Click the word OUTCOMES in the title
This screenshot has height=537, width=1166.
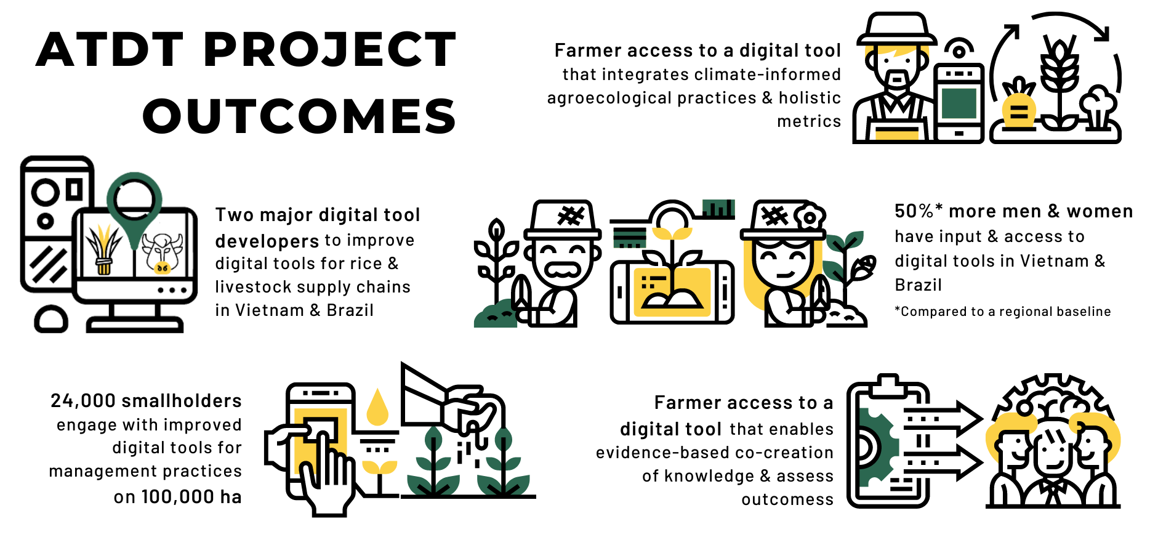tap(300, 116)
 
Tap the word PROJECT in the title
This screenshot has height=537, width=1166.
tap(329, 49)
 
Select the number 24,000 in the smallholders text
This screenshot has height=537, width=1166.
tap(83, 401)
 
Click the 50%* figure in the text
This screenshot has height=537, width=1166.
tap(918, 211)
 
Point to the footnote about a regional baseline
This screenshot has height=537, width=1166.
tap(1002, 312)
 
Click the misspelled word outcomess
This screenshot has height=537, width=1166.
tap(787, 499)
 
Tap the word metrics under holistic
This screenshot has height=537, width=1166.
tap(809, 121)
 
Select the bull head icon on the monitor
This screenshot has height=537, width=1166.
tap(163, 252)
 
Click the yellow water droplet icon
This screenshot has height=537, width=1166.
tap(377, 407)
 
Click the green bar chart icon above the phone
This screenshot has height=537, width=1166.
tap(718, 209)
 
